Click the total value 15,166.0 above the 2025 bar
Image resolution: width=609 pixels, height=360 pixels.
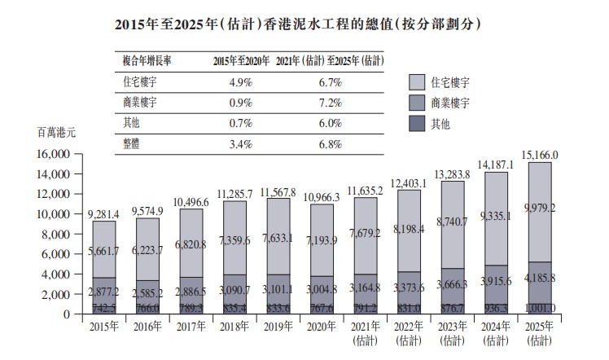(x=545, y=155)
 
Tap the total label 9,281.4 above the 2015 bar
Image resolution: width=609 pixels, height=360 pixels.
(x=103, y=213)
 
